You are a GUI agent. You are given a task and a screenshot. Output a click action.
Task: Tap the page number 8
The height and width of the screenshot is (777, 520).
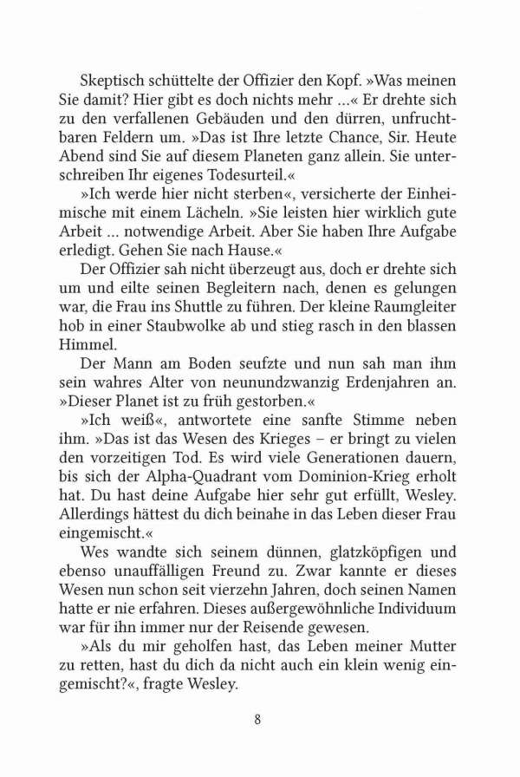(x=259, y=719)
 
